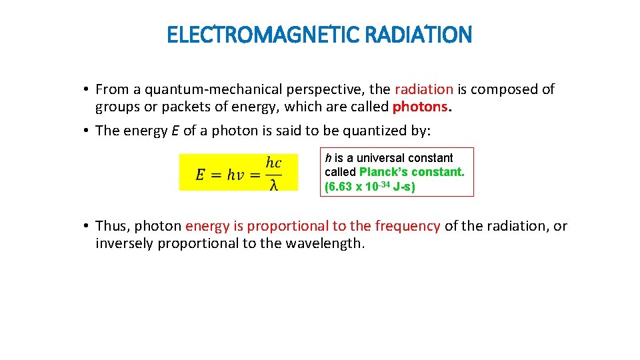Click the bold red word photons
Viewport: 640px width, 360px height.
tap(419, 107)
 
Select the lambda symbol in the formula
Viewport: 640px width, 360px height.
tap(274, 184)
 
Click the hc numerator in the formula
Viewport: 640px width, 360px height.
tap(273, 163)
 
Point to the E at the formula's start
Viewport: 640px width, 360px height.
tap(200, 174)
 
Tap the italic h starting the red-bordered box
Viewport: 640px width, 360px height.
tap(328, 158)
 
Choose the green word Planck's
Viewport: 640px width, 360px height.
tap(386, 172)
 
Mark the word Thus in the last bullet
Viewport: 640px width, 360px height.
tap(113, 226)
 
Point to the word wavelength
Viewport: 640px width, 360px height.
tap(324, 243)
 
